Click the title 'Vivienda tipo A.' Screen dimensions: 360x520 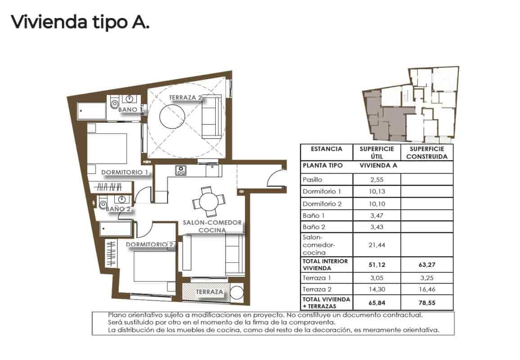[x=80, y=22]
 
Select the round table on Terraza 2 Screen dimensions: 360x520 [x=172, y=118]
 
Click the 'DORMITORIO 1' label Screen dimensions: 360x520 [x=125, y=172]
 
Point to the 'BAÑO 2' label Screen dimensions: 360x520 [x=118, y=209]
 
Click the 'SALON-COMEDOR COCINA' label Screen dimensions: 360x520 [x=213, y=226]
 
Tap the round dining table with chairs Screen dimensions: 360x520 [x=208, y=198]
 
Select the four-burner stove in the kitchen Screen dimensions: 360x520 [x=181, y=171]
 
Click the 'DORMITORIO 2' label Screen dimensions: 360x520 [x=150, y=245]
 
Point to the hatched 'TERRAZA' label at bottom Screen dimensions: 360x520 [x=209, y=292]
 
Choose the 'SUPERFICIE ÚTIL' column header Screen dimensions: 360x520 [x=377, y=153]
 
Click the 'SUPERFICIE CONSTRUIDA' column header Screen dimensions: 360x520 [x=426, y=153]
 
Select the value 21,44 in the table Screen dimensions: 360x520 [x=377, y=244]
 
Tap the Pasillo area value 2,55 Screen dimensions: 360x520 [x=377, y=180]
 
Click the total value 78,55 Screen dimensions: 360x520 [x=426, y=303]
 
